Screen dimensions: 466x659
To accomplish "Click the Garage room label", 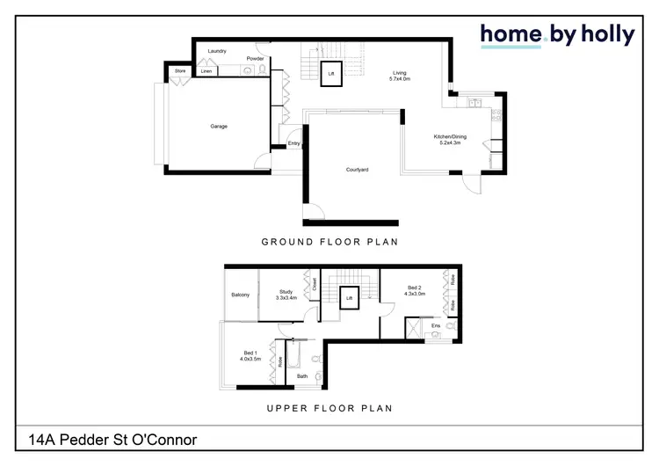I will pos(219,127).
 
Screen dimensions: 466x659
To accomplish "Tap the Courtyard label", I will pos(357,169).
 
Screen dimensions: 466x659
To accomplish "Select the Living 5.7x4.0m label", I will pos(400,76).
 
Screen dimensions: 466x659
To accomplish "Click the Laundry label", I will pos(217,52).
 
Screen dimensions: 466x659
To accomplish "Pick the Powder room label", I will pos(255,59).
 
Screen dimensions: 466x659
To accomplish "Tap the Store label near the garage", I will pos(180,70).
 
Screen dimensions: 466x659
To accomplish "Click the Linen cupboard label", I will pos(206,71).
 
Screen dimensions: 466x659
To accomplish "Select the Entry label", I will pos(293,143).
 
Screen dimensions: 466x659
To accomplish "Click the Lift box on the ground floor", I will pos(331,74).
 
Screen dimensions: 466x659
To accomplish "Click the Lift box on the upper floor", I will pos(349,299).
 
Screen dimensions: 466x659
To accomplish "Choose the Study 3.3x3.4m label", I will pos(286,295).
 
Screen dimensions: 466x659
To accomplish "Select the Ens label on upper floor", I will pos(435,326).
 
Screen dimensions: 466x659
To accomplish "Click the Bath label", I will pos(302,376).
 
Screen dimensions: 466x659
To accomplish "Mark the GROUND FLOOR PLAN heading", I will pos(329,241).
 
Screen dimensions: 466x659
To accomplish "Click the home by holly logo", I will pos(556,35).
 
